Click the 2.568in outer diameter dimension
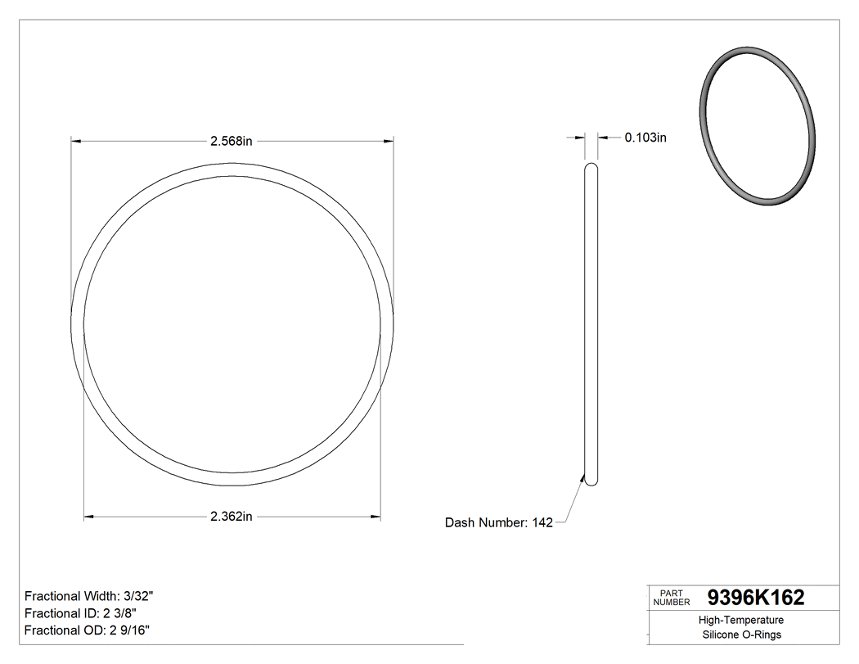coord(232,141)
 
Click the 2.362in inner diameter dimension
coord(232,517)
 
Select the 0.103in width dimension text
coord(645,138)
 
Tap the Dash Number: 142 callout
coord(498,522)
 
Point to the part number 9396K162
coord(755,598)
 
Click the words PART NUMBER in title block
coord(672,598)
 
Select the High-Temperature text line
coord(741,621)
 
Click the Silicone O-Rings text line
coord(741,635)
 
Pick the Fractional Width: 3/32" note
coord(88,596)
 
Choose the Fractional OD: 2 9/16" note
coord(87,630)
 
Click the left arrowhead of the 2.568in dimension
coord(75,141)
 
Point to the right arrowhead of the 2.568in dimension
coord(389,141)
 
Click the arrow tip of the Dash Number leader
coord(584,477)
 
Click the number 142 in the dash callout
coord(542,522)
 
